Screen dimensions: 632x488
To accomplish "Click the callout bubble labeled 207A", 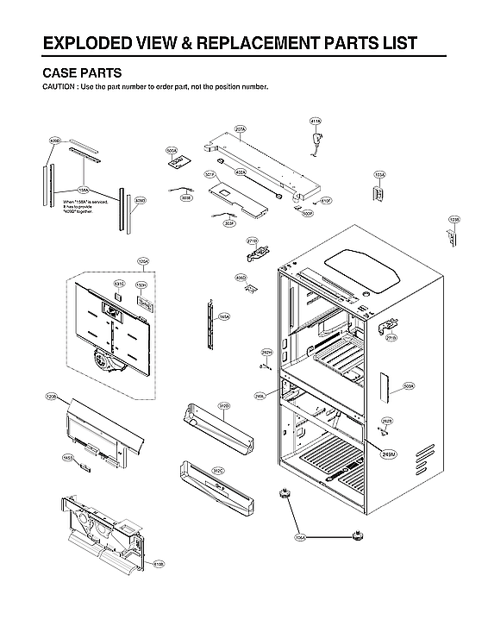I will click(x=241, y=129).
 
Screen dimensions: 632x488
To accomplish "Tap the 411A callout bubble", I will click(x=315, y=122).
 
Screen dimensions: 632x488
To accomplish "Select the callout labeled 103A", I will click(x=379, y=174).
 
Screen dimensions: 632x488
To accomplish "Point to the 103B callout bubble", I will click(x=454, y=221).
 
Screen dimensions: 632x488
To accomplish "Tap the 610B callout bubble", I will click(x=159, y=564).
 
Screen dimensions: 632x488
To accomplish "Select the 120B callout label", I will click(x=51, y=397).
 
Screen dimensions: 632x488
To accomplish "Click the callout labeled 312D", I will click(x=222, y=405).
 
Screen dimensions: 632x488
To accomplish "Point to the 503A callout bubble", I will click(x=409, y=387).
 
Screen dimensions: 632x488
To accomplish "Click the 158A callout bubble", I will click(x=84, y=189).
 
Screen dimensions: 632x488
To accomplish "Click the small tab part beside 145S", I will click(x=84, y=467).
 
